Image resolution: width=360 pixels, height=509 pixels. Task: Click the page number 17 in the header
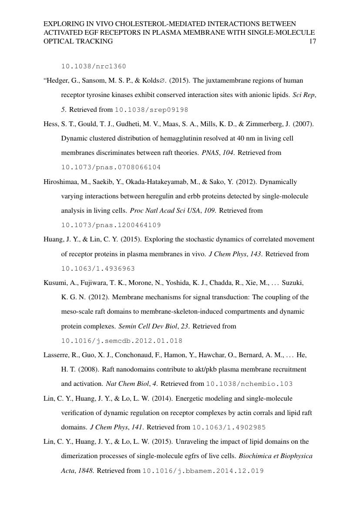coord(312,41)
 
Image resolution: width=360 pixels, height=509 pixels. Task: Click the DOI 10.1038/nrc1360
coord(94,67)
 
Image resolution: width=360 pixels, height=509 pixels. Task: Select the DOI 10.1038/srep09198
coord(151,110)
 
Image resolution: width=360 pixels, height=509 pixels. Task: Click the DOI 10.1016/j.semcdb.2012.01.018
coord(121,341)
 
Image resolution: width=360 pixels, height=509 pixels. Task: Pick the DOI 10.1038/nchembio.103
coord(249,384)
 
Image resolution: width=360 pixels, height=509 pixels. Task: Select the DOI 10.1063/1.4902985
coord(229,427)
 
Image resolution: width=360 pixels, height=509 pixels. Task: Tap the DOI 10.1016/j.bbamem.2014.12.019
coord(203,471)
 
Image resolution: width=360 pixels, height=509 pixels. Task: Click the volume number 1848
coord(86,471)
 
